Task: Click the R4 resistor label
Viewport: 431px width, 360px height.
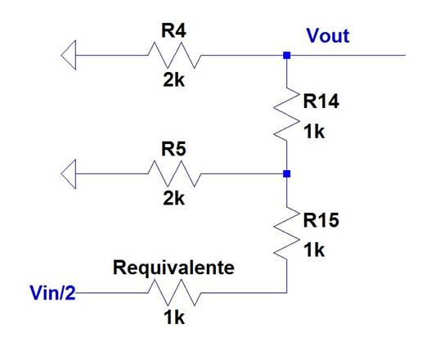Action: pos(173,30)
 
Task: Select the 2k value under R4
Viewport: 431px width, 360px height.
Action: pos(173,80)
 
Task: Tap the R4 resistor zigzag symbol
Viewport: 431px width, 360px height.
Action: pos(174,55)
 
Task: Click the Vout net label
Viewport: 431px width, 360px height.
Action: pos(328,36)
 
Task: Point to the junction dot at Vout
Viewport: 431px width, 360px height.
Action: pos(287,56)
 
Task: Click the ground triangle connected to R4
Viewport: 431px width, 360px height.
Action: pos(69,55)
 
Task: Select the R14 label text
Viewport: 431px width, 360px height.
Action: pos(321,101)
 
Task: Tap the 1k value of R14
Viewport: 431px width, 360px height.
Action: pos(314,132)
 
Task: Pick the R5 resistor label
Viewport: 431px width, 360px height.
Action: pos(173,149)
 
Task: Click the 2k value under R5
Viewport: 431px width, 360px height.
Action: pos(173,198)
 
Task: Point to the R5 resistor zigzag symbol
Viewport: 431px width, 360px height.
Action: pos(174,173)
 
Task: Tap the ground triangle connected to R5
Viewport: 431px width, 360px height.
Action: pos(69,173)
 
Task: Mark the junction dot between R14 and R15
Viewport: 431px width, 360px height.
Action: pos(287,173)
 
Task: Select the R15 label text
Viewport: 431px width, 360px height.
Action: pos(321,220)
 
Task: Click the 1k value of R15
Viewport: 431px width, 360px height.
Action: pos(314,250)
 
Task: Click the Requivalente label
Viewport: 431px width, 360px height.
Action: pos(173,268)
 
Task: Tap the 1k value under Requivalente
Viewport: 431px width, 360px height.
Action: pos(174,317)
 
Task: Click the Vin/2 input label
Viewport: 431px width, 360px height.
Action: pos(52,293)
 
